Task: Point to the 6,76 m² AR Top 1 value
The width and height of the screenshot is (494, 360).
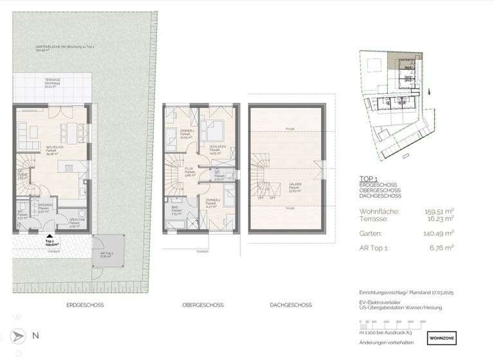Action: [x=443, y=247]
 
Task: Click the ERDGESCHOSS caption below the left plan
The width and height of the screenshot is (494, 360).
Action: [x=84, y=305]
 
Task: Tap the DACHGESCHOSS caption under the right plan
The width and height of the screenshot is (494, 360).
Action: [x=291, y=305]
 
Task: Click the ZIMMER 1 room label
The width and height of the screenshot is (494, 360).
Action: [x=187, y=130]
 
